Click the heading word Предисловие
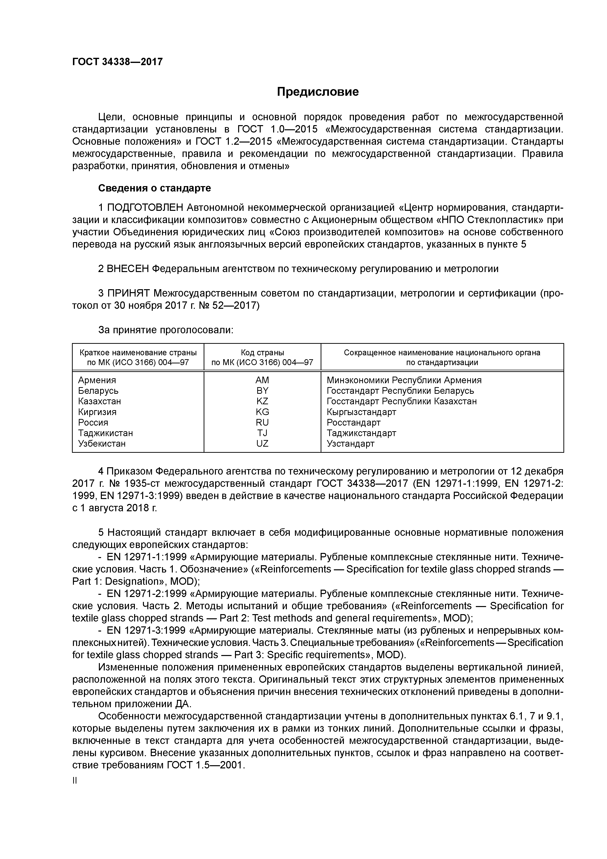click(317, 92)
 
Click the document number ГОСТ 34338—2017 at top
click(117, 62)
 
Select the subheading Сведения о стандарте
click(154, 188)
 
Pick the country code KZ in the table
click(262, 401)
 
